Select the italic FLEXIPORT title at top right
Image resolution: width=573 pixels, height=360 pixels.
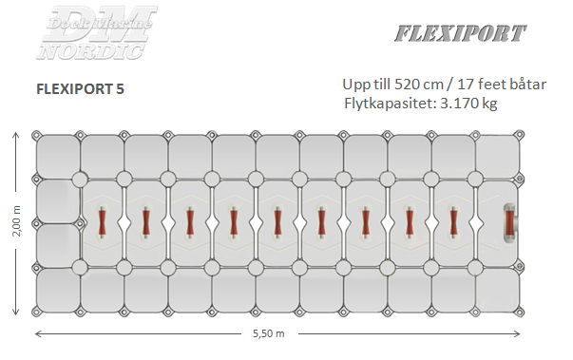tap(459, 34)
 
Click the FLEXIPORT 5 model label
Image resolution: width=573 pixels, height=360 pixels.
tap(79, 88)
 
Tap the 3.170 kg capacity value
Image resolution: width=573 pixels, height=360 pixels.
tap(466, 102)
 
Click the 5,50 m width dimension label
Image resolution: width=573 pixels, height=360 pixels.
tap(269, 333)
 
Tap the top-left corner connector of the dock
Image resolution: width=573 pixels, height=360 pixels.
tap(36, 135)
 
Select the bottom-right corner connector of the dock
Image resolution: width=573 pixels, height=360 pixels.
tap(521, 312)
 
